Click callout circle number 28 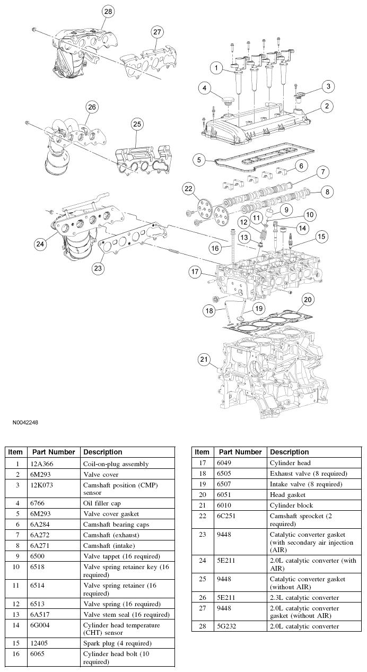click(108, 11)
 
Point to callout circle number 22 click(189, 188)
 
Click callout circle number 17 click(195, 272)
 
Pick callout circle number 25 click(137, 124)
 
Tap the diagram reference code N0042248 click(25, 423)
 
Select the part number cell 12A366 click(45, 464)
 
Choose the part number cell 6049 click(229, 462)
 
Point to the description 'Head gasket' click(288, 494)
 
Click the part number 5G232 click(231, 626)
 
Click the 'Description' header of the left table click(102, 452)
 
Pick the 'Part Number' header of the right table click(240, 452)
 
